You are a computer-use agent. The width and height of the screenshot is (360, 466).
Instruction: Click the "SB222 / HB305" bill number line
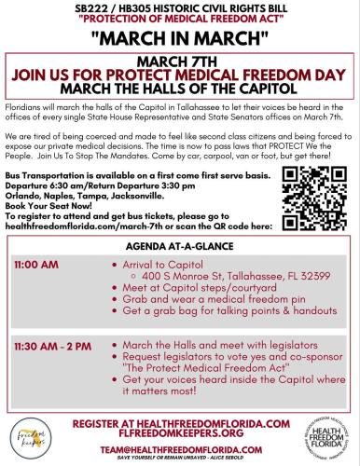pos(180,7)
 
